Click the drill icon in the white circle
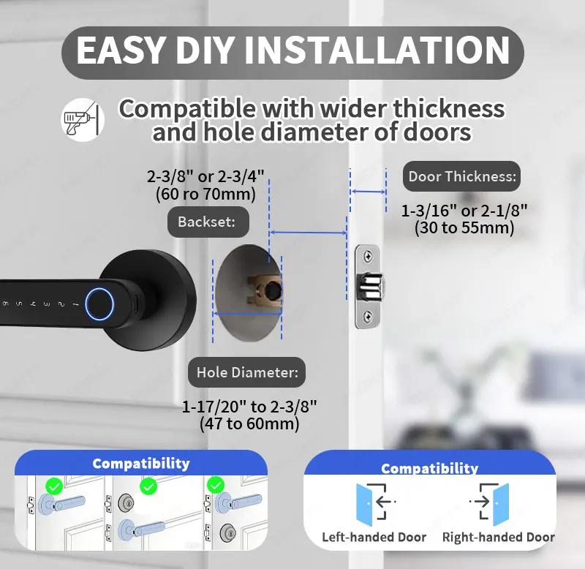click(x=82, y=120)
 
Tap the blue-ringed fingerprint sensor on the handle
click(x=99, y=304)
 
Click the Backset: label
click(x=208, y=222)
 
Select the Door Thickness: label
click(x=461, y=176)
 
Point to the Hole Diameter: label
click(x=247, y=372)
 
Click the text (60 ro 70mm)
click(x=205, y=194)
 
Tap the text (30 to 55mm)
click(x=464, y=227)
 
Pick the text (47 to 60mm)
click(x=249, y=424)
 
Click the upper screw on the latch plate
click(x=368, y=256)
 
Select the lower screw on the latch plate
click(x=368, y=317)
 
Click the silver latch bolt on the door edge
click(x=371, y=287)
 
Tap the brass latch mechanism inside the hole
click(x=265, y=291)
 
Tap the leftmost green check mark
click(x=54, y=486)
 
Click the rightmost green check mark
click(x=216, y=486)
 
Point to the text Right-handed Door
click(x=499, y=538)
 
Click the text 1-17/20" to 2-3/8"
click(x=249, y=407)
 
